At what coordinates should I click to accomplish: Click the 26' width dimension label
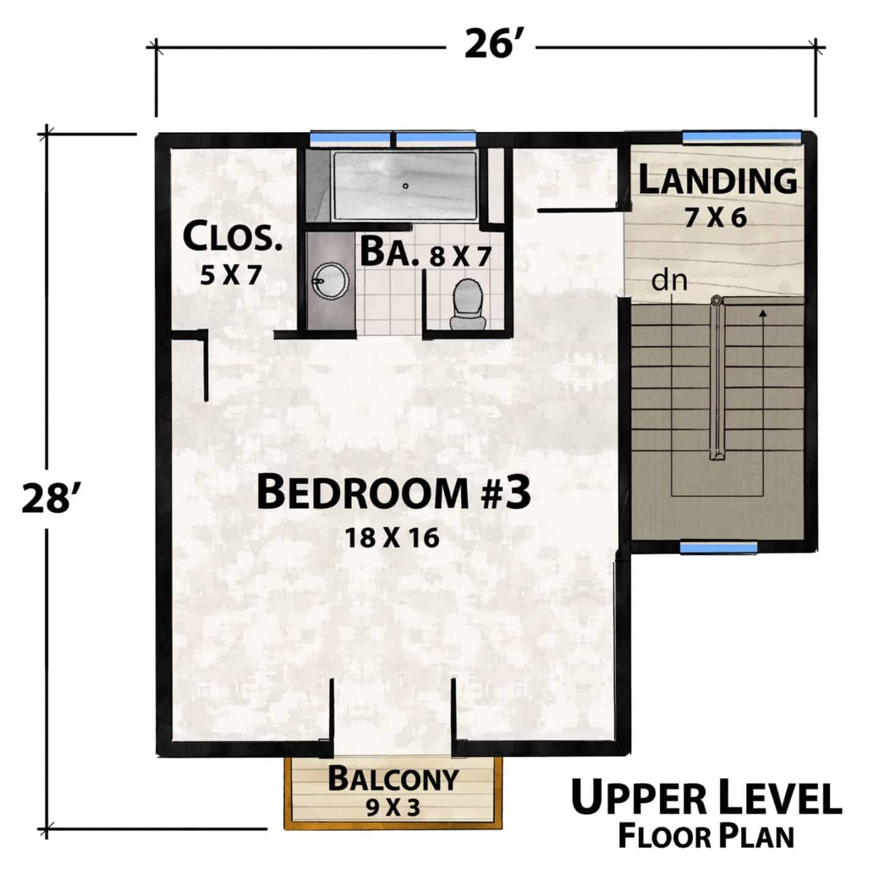tap(491, 45)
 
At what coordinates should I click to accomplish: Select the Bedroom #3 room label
tap(393, 493)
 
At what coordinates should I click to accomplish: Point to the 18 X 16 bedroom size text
tap(392, 538)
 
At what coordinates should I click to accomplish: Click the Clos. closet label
tap(232, 236)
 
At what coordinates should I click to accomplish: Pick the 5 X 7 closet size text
tap(231, 275)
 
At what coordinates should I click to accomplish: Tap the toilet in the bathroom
tap(468, 304)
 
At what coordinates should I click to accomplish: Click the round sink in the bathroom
tap(330, 281)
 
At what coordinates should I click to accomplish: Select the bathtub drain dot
tap(405, 186)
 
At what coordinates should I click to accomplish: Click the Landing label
tap(717, 180)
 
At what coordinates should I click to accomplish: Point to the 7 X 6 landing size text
tap(715, 217)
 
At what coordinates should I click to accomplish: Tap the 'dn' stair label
tap(669, 281)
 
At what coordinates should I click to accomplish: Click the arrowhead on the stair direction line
tap(762, 313)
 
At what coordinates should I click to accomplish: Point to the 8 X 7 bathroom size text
tap(460, 256)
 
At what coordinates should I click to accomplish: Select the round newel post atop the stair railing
tap(716, 301)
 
